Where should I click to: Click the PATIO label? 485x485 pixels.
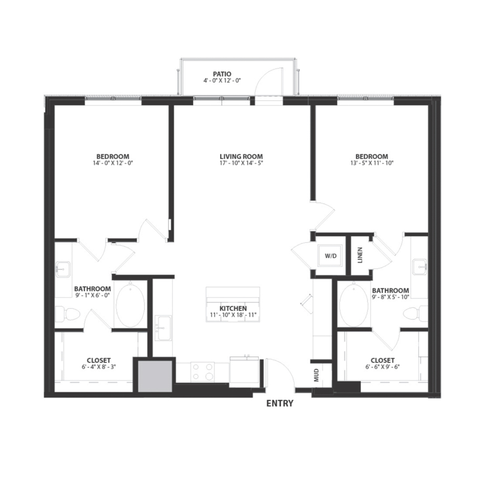[222, 73]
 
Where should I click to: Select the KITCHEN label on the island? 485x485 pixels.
[233, 308]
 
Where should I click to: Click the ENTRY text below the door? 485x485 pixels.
[280, 403]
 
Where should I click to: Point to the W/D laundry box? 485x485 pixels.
[329, 256]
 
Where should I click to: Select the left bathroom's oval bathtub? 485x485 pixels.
[130, 306]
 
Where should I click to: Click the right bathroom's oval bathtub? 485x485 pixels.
[353, 305]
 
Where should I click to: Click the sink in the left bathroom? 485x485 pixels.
[63, 268]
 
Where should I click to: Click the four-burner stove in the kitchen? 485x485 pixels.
[203, 371]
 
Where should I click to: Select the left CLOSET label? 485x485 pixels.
[99, 360]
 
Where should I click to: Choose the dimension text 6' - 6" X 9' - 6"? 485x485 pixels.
[382, 368]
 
